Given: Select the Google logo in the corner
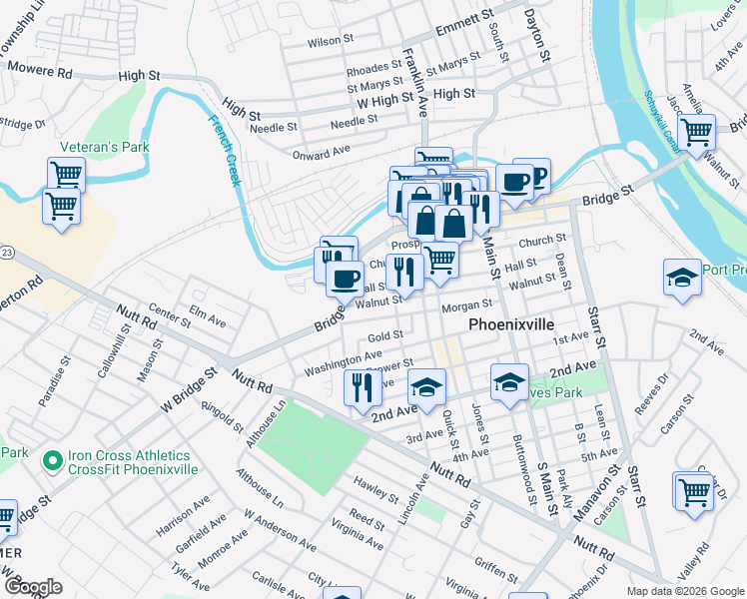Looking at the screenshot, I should [x=33, y=587].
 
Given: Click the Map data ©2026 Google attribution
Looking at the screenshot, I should [x=684, y=590].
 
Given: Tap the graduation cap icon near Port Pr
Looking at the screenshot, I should [x=682, y=277].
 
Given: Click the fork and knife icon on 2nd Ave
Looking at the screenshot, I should [x=362, y=386].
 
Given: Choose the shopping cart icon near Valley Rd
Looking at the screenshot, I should [x=693, y=490].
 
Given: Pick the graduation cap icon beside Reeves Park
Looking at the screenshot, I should [x=508, y=382].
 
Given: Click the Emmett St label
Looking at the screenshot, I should [x=464, y=24].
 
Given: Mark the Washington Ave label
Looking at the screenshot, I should [x=344, y=361].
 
